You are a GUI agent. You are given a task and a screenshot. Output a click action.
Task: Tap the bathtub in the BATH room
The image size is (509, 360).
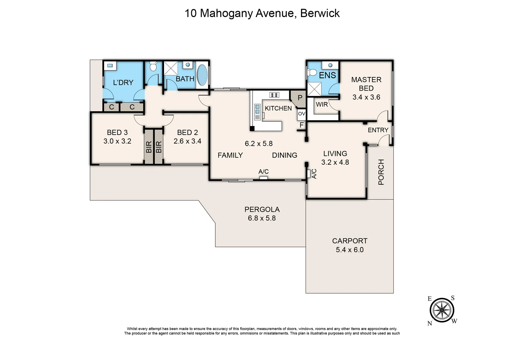point(202,75)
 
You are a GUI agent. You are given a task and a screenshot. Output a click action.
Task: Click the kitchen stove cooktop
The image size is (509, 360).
point(274,95)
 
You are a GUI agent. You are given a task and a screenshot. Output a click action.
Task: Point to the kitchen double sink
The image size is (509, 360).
point(257,109)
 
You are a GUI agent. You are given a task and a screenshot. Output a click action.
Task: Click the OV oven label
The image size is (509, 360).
point(301,114)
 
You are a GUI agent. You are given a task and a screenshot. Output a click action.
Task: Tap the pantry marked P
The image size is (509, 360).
point(300,98)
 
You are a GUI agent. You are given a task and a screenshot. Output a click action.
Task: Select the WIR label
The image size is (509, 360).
point(322,104)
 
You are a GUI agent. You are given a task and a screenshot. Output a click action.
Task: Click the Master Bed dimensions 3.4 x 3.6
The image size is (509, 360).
point(366,97)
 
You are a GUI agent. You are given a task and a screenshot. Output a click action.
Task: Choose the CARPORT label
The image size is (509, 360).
point(350,241)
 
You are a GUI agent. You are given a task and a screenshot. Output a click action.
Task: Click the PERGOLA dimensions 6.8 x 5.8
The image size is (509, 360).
point(262,218)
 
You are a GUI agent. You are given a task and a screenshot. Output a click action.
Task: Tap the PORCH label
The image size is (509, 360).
point(381,172)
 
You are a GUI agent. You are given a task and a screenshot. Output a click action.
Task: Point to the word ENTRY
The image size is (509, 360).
point(378,130)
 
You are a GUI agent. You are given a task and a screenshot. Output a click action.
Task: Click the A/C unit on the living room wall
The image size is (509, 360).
point(309,174)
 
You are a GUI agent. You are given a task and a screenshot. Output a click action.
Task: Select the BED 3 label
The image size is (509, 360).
point(117,132)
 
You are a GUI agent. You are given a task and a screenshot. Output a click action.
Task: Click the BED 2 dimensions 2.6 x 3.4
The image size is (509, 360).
point(187,141)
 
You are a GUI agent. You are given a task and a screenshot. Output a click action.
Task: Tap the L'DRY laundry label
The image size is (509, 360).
point(123,82)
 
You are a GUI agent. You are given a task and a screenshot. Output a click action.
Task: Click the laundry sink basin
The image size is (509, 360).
point(110,66)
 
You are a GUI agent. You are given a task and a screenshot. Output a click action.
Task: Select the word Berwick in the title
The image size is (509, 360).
point(320,13)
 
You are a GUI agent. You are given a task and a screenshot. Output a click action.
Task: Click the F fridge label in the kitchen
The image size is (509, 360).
point(301,125)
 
